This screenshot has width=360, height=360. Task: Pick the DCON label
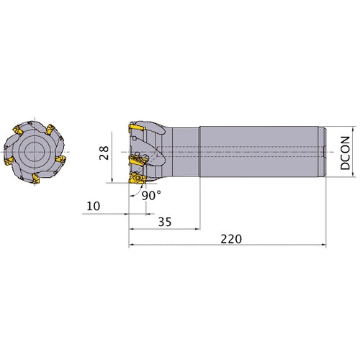click(345, 155)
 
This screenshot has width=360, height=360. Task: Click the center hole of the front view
click(34, 153)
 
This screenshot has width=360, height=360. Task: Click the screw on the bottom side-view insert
click(138, 181)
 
